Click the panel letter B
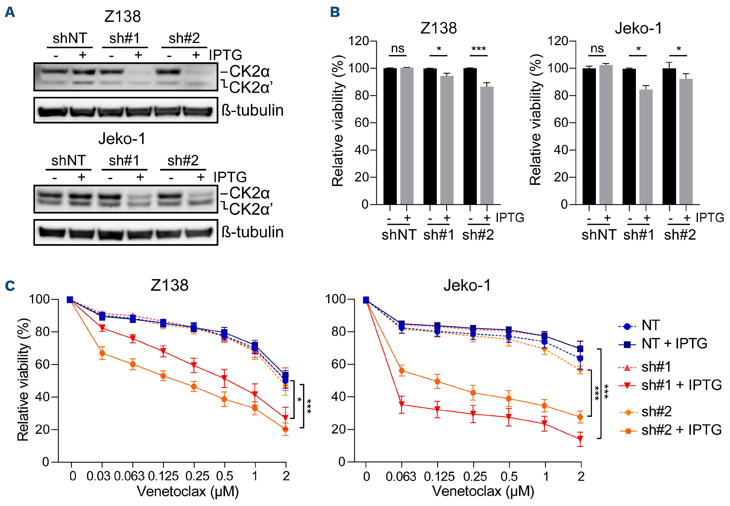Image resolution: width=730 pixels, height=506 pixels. pyautogui.click(x=335, y=12)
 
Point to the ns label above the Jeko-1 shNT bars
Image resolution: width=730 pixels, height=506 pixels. pyautogui.click(x=597, y=48)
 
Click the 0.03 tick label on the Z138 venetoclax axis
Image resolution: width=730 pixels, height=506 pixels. pyautogui.click(x=98, y=476)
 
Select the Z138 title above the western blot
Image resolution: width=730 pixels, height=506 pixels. pyautogui.click(x=122, y=17)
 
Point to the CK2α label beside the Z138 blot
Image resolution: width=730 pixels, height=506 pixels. pyautogui.click(x=249, y=71)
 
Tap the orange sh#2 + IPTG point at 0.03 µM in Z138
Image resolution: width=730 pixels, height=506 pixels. pyautogui.click(x=102, y=353)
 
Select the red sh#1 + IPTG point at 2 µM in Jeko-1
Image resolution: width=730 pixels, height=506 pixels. pyautogui.click(x=580, y=439)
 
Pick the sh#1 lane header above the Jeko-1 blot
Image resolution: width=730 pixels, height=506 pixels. pyautogui.click(x=124, y=161)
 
